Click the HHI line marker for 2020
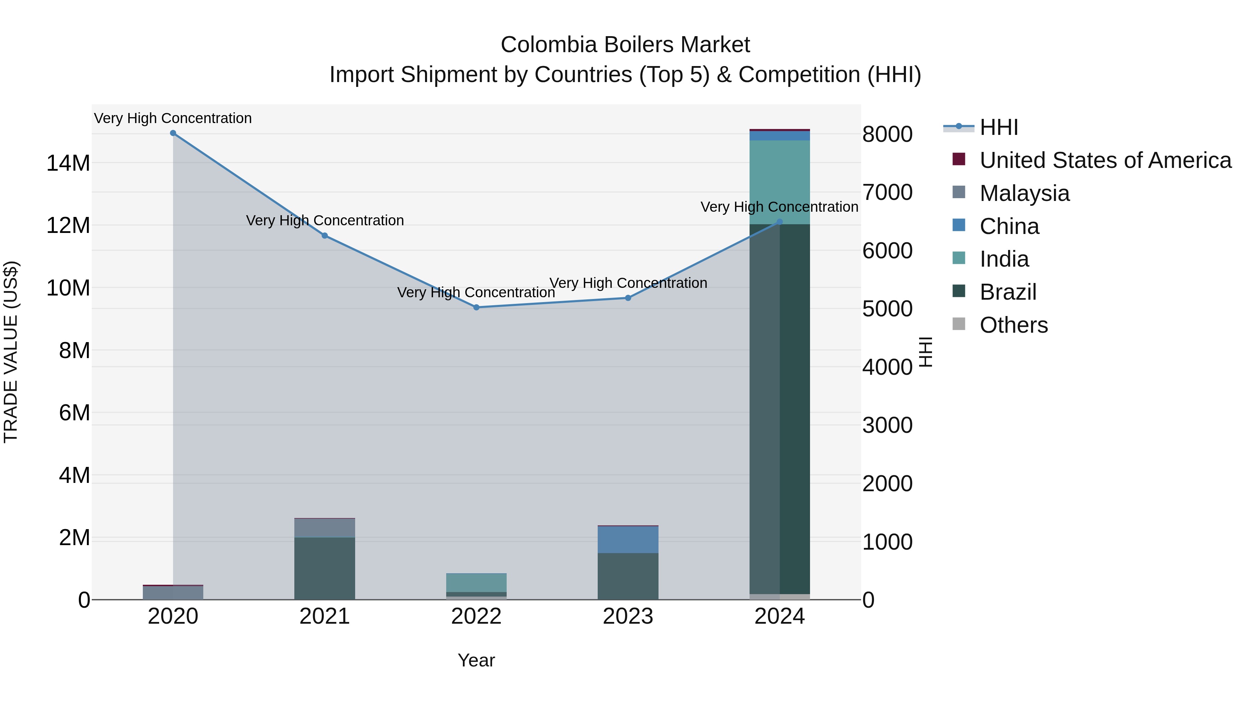click(173, 133)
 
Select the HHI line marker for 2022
click(476, 308)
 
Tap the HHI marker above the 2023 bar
click(628, 298)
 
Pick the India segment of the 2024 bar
click(779, 182)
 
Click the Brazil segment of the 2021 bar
click(325, 568)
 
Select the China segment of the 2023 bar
click(628, 540)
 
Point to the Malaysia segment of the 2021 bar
click(325, 528)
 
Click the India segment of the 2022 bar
click(476, 583)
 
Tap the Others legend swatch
click(959, 324)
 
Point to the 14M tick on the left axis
click(68, 163)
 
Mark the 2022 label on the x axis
click(476, 616)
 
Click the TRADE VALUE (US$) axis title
click(11, 352)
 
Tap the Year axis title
click(476, 660)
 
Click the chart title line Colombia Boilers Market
click(625, 45)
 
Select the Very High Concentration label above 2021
click(325, 220)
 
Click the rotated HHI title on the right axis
click(926, 352)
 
